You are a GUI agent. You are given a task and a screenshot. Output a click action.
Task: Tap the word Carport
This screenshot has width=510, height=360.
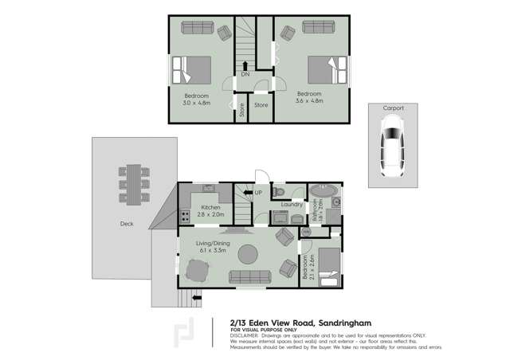[x=392, y=108]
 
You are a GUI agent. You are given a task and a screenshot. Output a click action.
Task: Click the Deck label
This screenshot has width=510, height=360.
[x=127, y=224]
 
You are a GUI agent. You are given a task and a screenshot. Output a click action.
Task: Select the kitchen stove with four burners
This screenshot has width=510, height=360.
[x=185, y=214]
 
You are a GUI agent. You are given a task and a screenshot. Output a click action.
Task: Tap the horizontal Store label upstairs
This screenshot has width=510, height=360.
[x=261, y=104]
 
